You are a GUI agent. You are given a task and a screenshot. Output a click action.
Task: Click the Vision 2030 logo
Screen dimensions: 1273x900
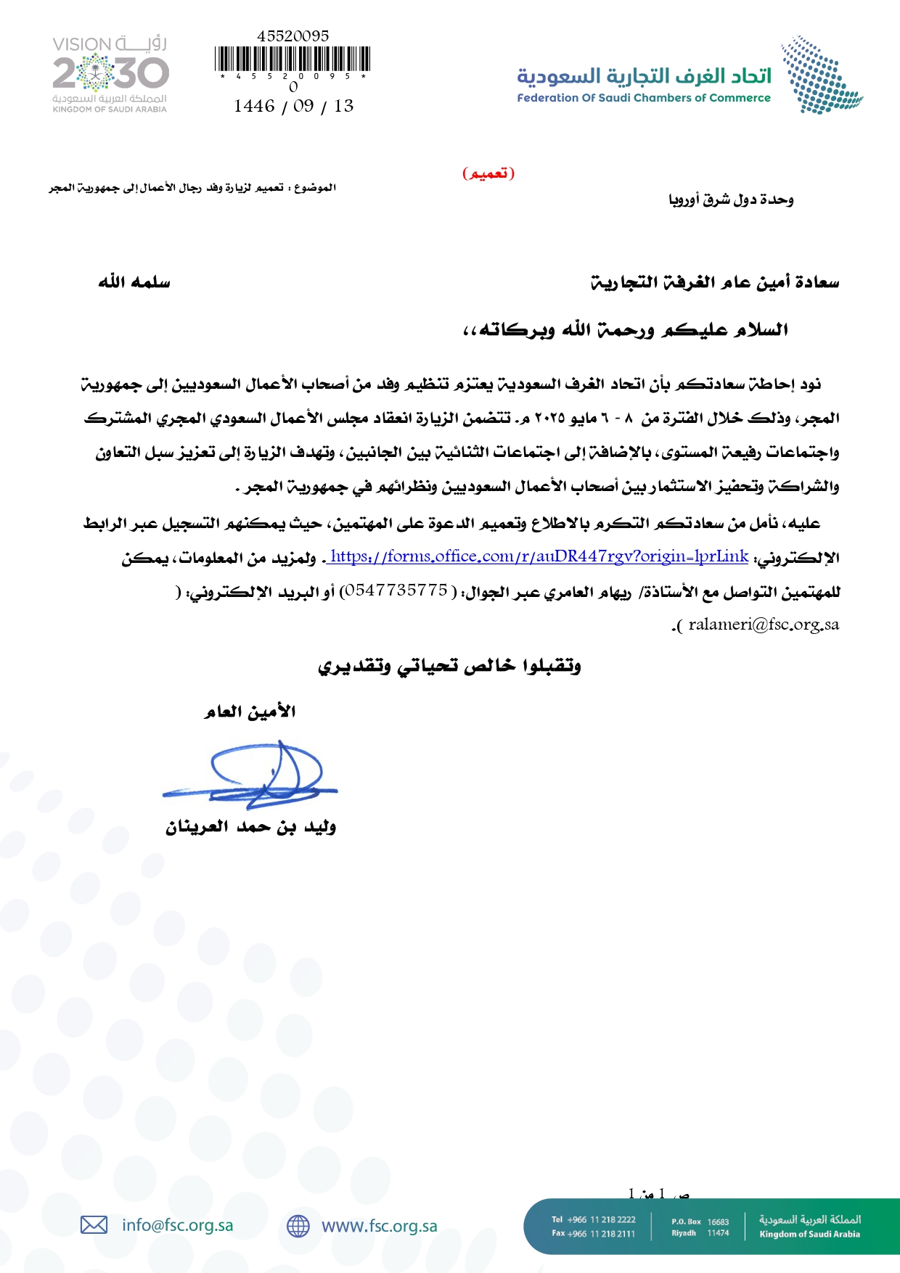tap(110, 74)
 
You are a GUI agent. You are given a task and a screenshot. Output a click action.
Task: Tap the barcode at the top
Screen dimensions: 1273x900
tap(292, 59)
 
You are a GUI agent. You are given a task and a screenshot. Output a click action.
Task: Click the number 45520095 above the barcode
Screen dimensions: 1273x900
tap(292, 36)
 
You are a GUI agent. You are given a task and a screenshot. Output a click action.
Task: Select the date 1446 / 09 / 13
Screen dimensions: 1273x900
tap(293, 106)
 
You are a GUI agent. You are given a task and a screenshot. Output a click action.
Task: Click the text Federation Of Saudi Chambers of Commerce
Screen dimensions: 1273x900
tap(644, 98)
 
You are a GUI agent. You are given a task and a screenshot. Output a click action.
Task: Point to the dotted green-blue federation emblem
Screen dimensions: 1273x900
tap(820, 75)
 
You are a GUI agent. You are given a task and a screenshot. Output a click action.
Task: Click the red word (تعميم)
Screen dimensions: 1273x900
tap(488, 173)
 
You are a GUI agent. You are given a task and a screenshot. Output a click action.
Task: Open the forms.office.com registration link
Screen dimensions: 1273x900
tap(539, 556)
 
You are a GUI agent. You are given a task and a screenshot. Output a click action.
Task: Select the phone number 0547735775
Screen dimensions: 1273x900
tap(396, 590)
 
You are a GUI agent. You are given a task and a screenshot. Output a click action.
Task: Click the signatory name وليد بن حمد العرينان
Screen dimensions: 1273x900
tap(250, 827)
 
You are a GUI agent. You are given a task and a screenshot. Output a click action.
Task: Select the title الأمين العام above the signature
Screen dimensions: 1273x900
tap(250, 712)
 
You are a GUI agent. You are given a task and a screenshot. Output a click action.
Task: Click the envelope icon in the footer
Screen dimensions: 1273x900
tap(94, 1225)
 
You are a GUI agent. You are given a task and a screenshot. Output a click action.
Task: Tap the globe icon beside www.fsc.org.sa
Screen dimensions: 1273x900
tap(298, 1226)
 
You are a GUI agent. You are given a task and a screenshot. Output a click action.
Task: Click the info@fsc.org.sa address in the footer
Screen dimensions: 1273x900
tap(178, 1225)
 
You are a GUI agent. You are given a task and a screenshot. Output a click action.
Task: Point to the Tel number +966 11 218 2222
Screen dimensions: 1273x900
tap(601, 1219)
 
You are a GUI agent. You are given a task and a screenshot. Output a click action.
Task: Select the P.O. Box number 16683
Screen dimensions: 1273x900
tap(718, 1221)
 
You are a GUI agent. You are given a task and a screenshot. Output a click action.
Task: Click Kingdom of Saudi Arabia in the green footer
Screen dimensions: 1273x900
tap(809, 1234)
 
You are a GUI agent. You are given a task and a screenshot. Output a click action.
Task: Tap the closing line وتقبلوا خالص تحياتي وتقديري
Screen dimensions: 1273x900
tap(449, 666)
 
